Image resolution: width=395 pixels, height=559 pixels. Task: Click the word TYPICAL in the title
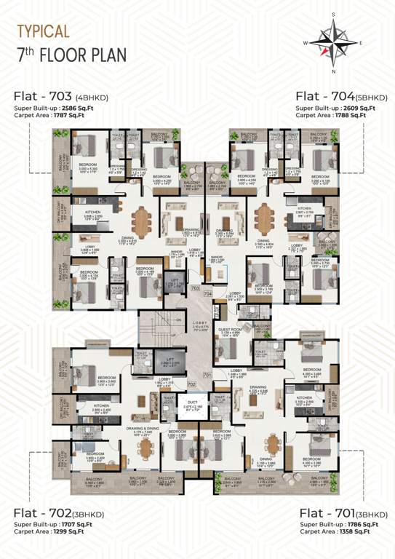pos(43,31)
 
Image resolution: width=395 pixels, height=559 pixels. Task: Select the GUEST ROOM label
pos(231,329)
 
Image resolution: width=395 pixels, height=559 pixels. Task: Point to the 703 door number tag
pos(194,288)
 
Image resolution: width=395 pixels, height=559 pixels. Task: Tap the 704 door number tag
pos(207,293)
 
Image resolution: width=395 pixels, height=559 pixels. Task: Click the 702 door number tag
pos(191,383)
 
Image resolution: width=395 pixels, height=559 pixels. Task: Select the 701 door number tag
pos(207,376)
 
